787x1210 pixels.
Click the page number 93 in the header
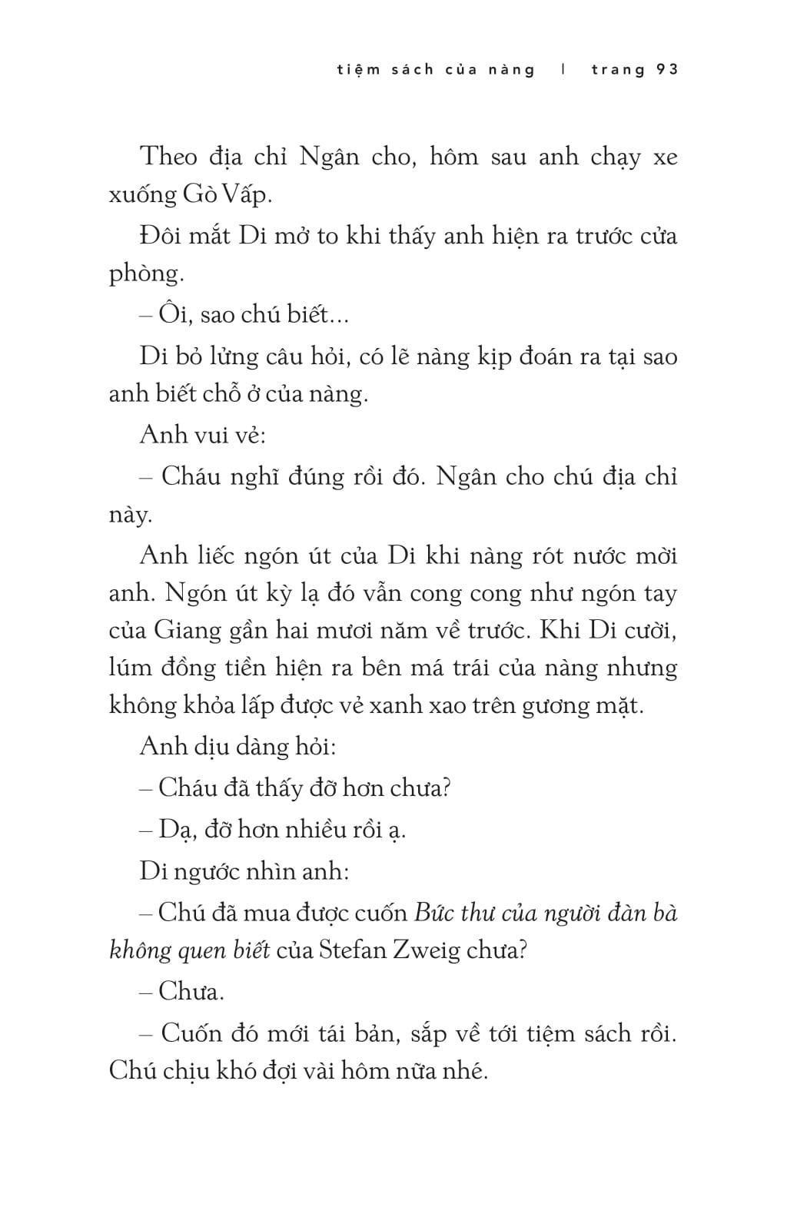point(667,70)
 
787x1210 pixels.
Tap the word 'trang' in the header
point(618,70)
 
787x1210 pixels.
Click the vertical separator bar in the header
point(563,70)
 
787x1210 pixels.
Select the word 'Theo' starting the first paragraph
point(169,157)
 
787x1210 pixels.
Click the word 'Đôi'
point(160,235)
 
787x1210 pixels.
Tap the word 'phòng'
point(144,274)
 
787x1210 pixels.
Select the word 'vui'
point(210,435)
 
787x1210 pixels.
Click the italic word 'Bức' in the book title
point(433,913)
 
